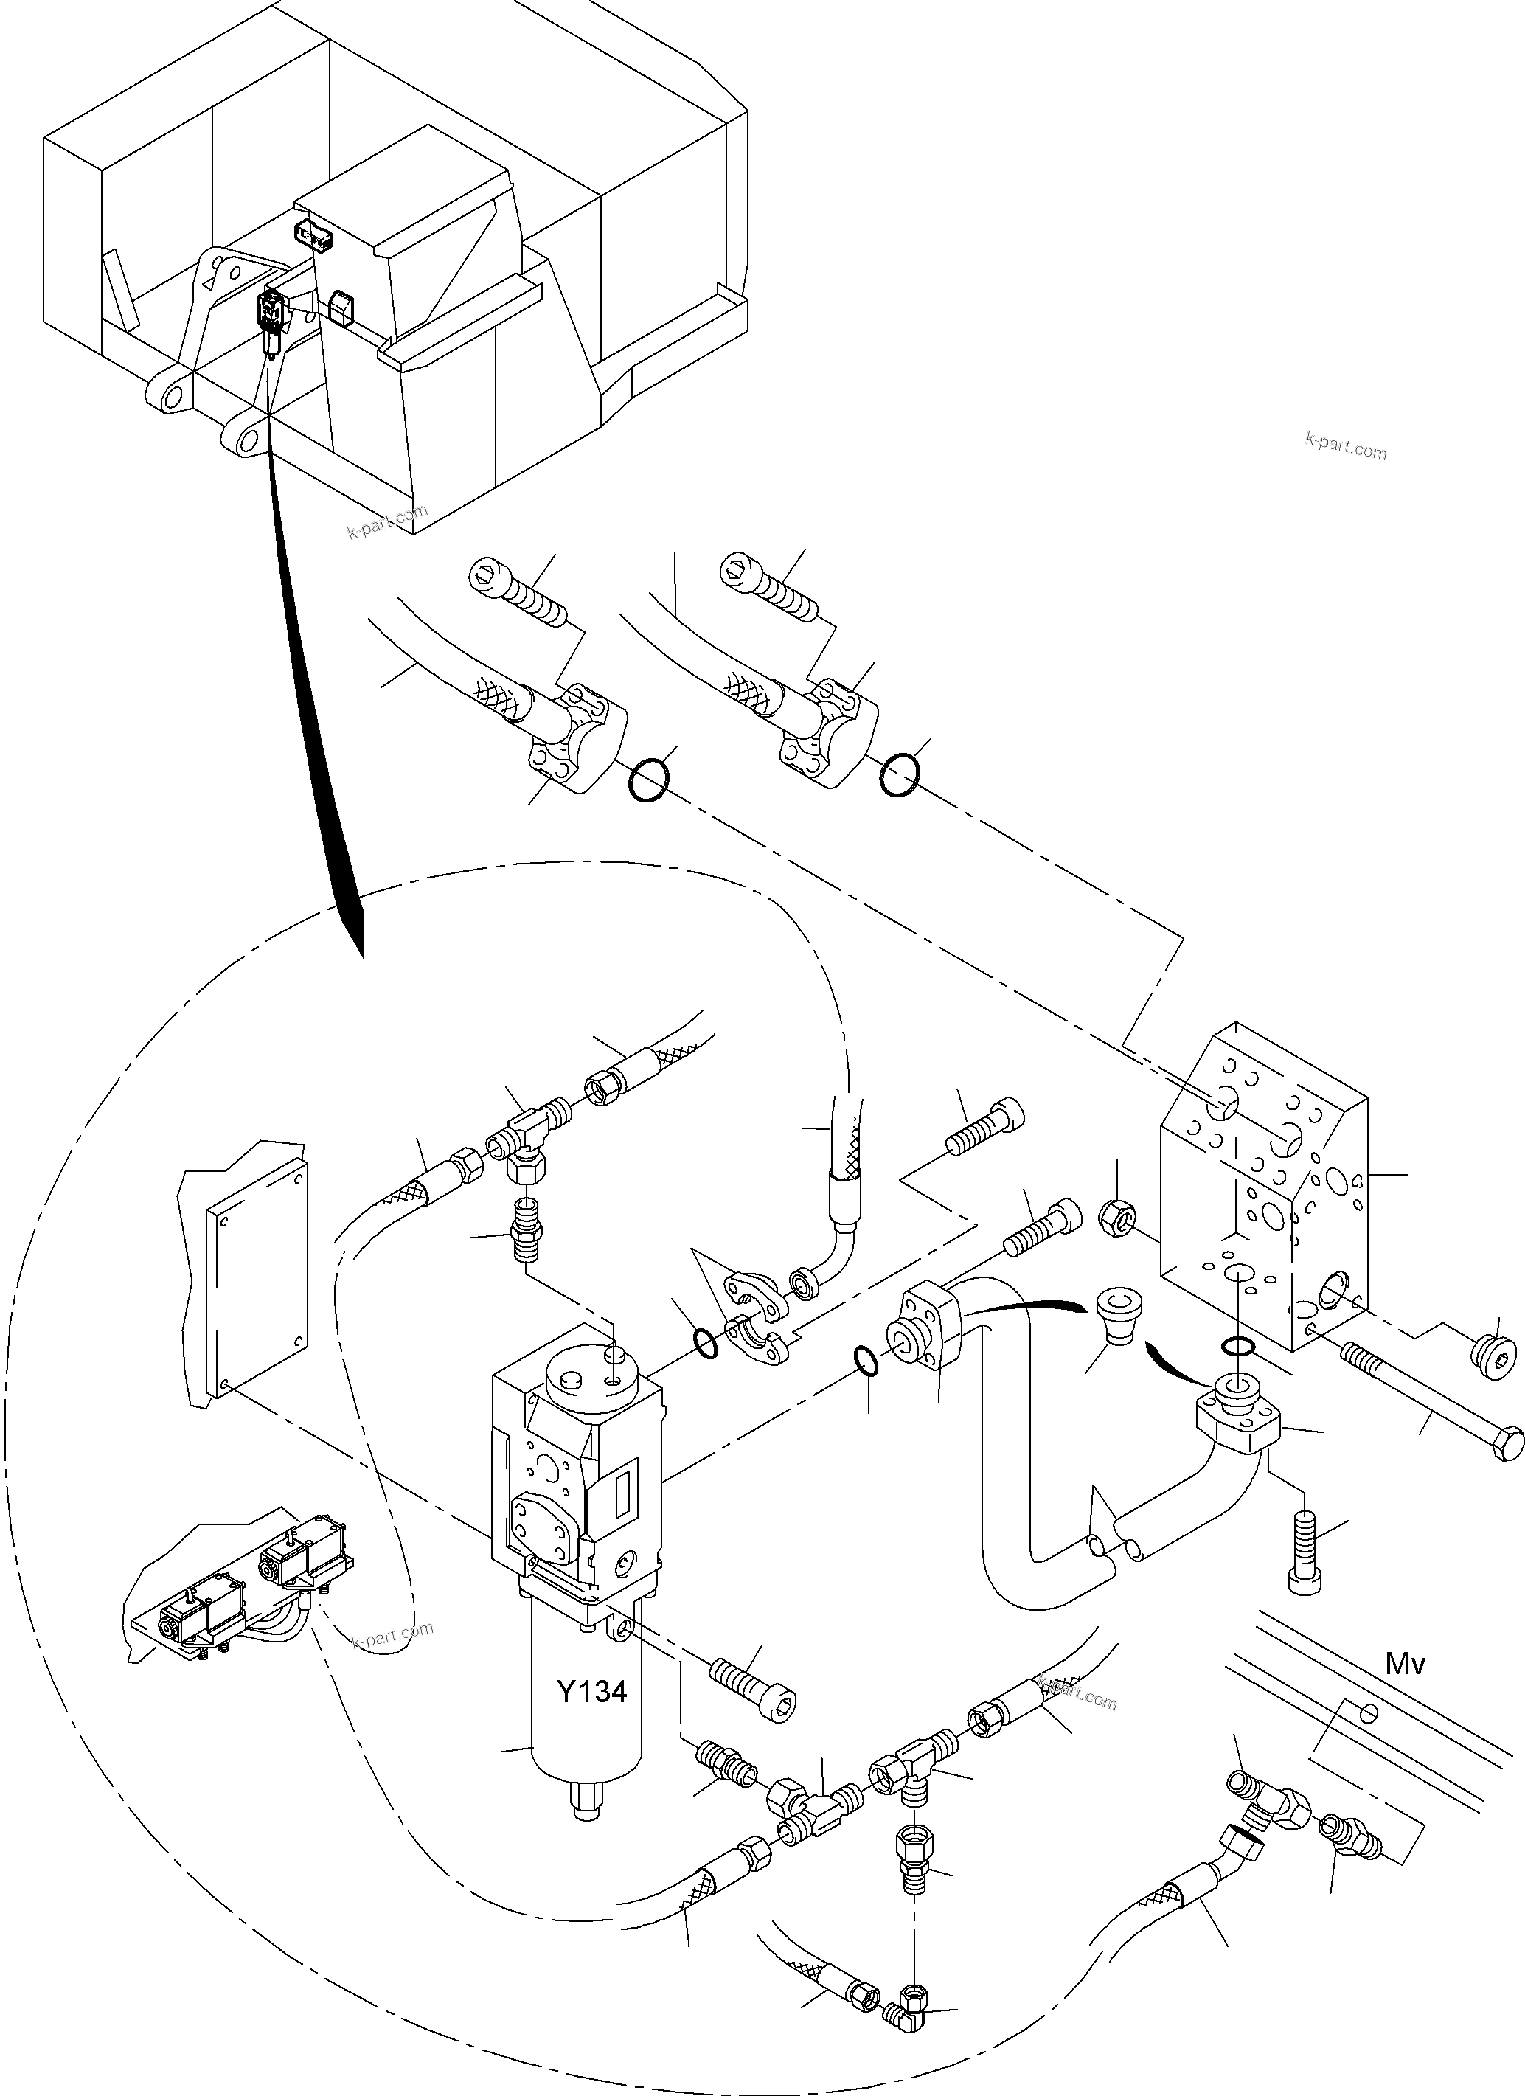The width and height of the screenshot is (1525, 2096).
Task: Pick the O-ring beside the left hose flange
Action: click(650, 780)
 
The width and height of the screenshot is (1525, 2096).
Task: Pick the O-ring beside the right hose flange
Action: click(899, 774)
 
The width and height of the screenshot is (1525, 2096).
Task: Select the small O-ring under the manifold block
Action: click(1237, 1344)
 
